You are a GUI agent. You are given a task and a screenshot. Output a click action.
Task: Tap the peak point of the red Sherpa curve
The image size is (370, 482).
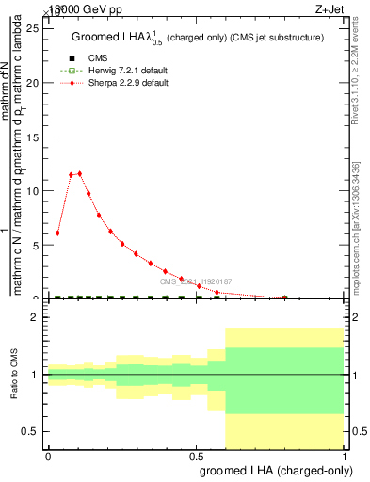(x=79, y=173)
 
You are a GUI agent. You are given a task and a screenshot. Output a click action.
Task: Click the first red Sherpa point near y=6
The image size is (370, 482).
(x=57, y=233)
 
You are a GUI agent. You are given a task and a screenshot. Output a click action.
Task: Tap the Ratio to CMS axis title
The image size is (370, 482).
(x=13, y=375)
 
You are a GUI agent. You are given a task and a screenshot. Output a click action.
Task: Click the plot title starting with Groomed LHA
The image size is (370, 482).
(x=198, y=38)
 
